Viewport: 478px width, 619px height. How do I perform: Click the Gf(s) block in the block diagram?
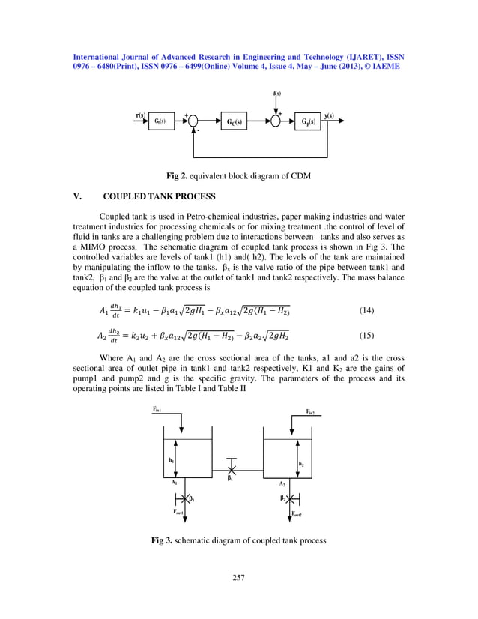coord(160,121)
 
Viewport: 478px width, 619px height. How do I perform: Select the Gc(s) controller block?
coord(234,121)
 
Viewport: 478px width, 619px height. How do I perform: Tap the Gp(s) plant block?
coord(307,121)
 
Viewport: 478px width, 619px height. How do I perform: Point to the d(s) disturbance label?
coord(276,94)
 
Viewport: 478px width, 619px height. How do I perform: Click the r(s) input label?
coord(140,115)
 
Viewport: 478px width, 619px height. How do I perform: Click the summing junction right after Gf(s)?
coord(193,121)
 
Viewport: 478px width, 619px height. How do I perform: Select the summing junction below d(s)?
coord(276,121)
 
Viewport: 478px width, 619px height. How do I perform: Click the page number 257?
coord(238,577)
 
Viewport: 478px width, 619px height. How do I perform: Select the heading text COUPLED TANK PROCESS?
coord(159,197)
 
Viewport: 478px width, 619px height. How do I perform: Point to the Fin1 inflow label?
coord(157,410)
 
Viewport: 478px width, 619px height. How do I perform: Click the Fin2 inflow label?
coord(310,411)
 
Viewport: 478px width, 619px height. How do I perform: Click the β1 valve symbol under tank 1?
coord(183,498)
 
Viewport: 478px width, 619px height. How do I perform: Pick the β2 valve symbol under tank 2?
coord(291,498)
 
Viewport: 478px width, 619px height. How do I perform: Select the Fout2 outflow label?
coord(297,516)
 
